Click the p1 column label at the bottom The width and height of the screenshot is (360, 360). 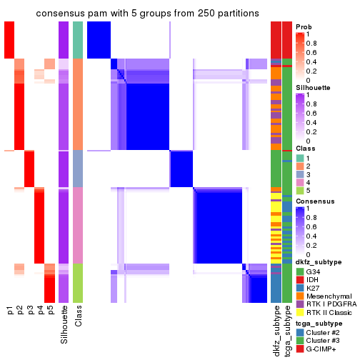[x=10, y=310]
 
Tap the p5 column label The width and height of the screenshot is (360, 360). [x=50, y=310]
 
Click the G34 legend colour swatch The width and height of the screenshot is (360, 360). [x=299, y=271]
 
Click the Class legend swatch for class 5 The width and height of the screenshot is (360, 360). [x=299, y=190]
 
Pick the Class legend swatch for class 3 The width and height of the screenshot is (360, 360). [x=299, y=174]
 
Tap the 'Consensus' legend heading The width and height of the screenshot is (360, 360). [x=312, y=201]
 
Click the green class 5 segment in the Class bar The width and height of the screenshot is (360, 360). [x=78, y=284]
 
